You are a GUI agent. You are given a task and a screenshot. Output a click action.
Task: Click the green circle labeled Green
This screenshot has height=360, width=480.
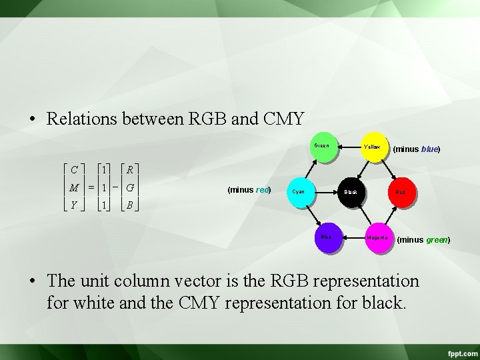click(322, 148)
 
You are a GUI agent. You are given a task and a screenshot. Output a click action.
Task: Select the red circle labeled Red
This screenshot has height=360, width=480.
click(400, 192)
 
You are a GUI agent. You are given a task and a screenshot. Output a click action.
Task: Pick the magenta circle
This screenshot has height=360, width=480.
click(377, 237)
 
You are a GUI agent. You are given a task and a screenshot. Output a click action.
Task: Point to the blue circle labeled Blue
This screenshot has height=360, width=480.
click(327, 237)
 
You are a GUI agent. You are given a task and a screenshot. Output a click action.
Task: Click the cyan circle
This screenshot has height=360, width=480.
click(299, 192)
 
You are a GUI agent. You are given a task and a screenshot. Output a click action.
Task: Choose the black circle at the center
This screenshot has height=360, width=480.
click(351, 192)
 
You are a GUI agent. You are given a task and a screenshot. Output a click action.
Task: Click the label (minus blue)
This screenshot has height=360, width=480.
click(417, 149)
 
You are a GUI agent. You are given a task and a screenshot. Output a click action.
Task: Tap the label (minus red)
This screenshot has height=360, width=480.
click(249, 189)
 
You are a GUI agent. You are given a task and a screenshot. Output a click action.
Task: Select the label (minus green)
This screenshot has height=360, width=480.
click(424, 240)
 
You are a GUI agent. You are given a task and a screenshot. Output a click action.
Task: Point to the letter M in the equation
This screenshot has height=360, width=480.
click(75, 187)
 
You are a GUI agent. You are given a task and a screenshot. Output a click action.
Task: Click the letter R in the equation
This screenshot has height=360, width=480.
click(130, 169)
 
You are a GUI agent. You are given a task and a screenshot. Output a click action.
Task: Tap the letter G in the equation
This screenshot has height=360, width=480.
click(130, 187)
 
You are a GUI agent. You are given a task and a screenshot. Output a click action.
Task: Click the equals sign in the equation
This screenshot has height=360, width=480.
click(89, 187)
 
